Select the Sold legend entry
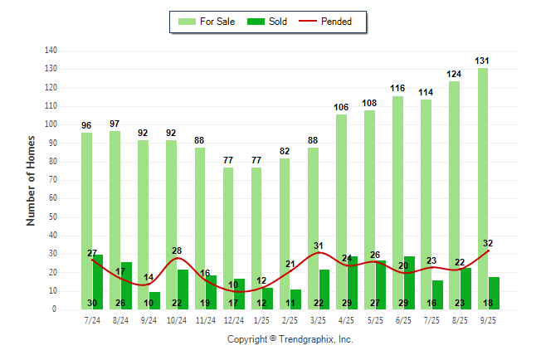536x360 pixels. (x=267, y=22)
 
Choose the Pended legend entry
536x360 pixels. (x=334, y=22)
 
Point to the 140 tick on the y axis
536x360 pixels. (x=51, y=51)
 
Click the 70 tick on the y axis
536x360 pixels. (x=52, y=180)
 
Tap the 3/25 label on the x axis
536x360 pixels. (x=318, y=319)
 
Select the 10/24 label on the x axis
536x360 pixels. (x=177, y=319)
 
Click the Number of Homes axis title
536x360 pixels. (x=32, y=180)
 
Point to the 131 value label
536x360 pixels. (x=482, y=61)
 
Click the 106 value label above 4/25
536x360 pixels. (x=341, y=107)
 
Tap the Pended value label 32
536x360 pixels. (x=488, y=243)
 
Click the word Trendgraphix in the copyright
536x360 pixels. (x=307, y=339)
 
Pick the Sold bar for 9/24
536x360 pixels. (x=154, y=300)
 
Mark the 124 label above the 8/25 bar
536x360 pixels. (x=454, y=74)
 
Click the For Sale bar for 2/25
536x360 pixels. (x=285, y=232)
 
